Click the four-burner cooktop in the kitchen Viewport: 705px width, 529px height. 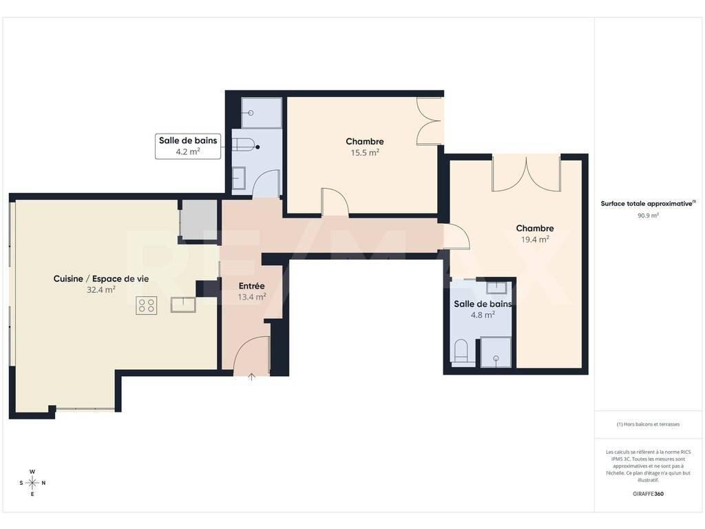147,305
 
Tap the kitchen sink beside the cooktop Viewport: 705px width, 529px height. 183,304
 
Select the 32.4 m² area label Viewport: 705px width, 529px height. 101,290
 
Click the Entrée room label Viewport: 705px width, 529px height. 252,286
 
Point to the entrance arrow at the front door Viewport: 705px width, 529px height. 251,377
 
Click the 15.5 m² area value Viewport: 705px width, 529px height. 365,152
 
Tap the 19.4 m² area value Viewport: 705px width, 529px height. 535,239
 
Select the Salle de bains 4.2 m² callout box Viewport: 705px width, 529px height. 188,146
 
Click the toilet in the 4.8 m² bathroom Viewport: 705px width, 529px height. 461,351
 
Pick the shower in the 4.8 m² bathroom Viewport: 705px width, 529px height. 496,352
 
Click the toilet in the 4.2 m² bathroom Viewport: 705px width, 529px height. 243,145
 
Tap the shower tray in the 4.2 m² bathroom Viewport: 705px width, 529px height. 261,113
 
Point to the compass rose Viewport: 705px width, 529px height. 32,483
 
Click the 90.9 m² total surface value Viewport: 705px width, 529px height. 648,216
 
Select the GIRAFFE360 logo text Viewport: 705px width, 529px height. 648,493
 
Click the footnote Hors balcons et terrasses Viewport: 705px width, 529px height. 648,424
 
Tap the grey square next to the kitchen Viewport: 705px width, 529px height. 199,220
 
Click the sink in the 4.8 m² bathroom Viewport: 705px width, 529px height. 496,287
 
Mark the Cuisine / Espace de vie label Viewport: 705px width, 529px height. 101,279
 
